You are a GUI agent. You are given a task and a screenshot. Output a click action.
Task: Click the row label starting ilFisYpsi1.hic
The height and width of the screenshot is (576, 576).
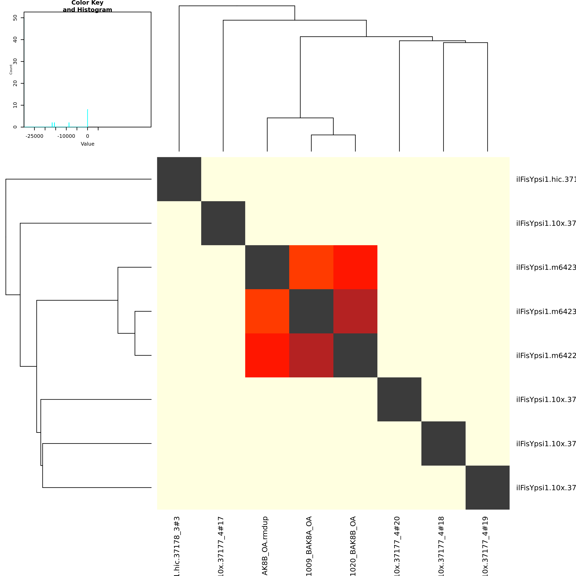pos(546,179)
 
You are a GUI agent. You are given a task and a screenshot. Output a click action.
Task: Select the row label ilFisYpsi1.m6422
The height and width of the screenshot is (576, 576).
pos(546,356)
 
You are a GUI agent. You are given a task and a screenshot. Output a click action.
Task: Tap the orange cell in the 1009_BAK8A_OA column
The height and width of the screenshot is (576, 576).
pos(311,267)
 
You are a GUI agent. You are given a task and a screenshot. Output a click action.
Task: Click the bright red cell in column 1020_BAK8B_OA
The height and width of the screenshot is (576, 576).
pos(355,267)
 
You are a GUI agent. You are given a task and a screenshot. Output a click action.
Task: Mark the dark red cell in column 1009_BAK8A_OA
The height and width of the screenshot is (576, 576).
pos(311,355)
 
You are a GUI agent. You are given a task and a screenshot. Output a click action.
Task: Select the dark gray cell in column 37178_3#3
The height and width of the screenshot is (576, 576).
pos(179,179)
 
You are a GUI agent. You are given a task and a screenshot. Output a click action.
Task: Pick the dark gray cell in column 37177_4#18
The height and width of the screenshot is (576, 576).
pos(443,443)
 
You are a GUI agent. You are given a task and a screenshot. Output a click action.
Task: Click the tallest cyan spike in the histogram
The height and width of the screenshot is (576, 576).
pos(88,118)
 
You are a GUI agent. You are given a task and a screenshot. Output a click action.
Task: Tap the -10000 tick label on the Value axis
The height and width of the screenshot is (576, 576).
pos(66,136)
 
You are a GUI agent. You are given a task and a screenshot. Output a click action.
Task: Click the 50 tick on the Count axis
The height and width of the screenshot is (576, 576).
pos(15,18)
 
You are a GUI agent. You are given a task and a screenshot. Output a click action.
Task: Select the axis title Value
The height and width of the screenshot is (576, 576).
pos(88,144)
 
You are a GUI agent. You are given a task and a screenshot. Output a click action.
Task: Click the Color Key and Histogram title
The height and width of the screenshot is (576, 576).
pos(87,6)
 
